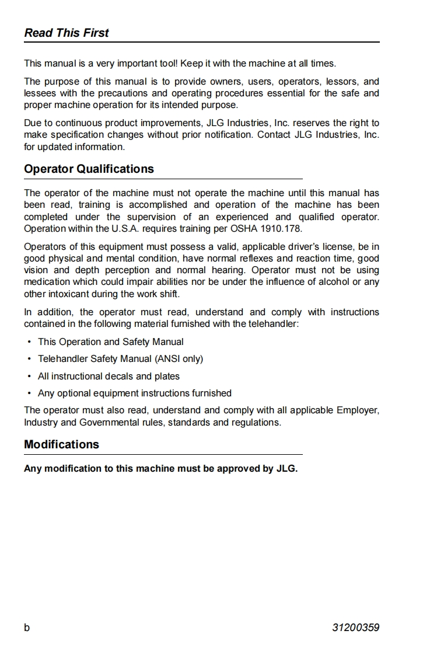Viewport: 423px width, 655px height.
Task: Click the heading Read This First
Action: point(67,33)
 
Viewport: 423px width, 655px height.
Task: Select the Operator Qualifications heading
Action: point(89,169)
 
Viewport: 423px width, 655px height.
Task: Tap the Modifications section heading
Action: point(61,444)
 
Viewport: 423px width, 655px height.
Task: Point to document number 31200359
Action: point(355,628)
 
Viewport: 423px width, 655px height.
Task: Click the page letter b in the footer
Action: point(27,628)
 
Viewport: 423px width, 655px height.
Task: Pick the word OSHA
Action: point(246,228)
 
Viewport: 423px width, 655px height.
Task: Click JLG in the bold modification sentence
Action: point(286,468)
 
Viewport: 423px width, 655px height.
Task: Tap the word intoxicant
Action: point(69,294)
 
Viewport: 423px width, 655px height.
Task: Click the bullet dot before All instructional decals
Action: point(29,376)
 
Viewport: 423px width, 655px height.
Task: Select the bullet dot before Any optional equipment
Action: point(29,393)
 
